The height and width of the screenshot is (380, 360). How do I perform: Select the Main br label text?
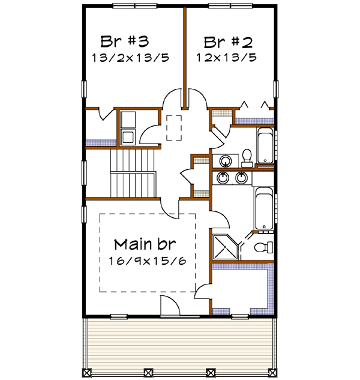pos(146,244)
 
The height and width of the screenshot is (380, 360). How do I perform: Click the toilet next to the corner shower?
pos(262,247)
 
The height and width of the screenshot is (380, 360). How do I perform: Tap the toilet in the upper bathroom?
pos(247,159)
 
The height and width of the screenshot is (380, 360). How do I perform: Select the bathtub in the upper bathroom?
pos(265,145)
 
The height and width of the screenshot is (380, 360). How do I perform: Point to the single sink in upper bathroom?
pos(226,161)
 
